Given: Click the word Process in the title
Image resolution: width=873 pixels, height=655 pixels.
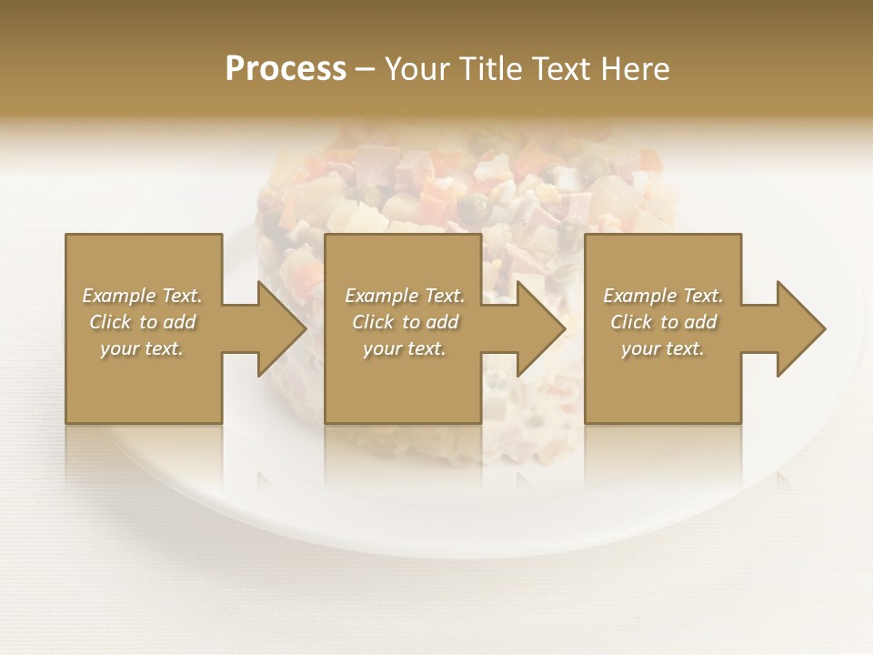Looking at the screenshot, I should [x=286, y=69].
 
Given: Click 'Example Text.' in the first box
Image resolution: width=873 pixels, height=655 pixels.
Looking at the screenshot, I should [x=142, y=296].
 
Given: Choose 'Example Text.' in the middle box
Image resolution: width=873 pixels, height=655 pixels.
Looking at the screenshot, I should [x=405, y=296].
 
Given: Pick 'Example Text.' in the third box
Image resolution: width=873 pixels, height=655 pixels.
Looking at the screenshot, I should [x=663, y=296].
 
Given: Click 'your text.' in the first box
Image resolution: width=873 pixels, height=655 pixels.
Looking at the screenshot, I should [x=142, y=348].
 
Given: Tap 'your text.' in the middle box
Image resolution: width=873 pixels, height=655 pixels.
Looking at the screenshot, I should [x=405, y=348].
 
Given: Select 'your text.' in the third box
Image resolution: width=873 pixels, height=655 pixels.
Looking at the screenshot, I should [x=663, y=348].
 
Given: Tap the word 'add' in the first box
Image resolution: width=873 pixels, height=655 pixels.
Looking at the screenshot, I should [x=179, y=322].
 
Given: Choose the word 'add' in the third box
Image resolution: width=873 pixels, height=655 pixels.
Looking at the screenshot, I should [x=700, y=322].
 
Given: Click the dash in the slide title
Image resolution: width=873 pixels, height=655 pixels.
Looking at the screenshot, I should [x=366, y=69].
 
